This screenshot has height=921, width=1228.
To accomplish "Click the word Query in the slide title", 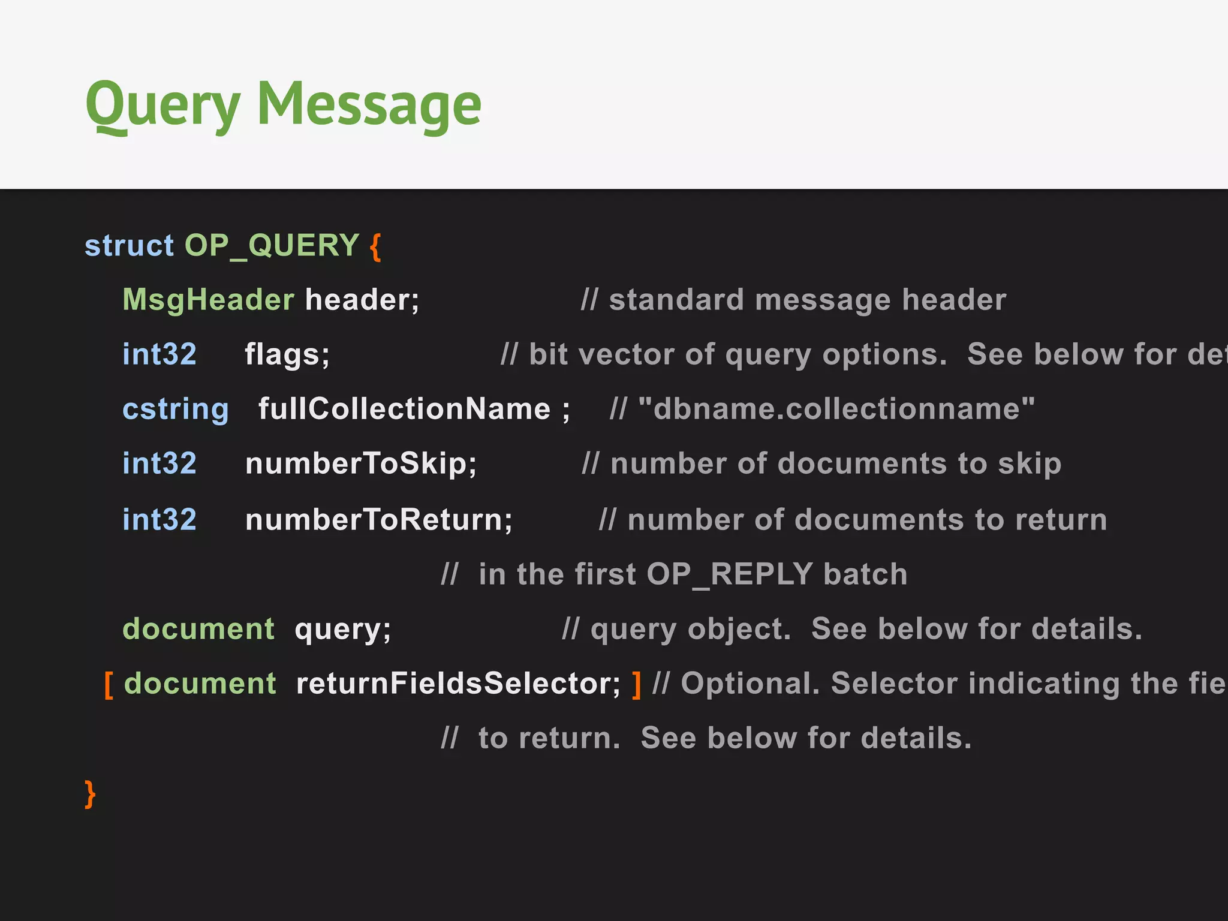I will [x=162, y=106].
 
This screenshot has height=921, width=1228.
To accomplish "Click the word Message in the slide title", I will [x=369, y=106].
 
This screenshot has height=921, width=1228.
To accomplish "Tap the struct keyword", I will [x=129, y=246].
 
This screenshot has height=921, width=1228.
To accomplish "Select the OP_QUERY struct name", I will [x=272, y=246].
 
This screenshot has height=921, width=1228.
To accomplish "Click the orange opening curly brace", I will [x=375, y=246].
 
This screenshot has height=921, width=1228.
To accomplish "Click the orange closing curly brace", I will [x=90, y=794].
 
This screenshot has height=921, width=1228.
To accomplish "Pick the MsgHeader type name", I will [x=208, y=300].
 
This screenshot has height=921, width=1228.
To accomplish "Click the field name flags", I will [x=287, y=354].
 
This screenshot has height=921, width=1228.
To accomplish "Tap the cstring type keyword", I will [x=176, y=410].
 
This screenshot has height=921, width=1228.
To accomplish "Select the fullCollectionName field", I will [x=404, y=410].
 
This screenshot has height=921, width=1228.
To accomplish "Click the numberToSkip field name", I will [x=360, y=464].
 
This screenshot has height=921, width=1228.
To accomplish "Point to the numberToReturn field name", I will [x=378, y=519].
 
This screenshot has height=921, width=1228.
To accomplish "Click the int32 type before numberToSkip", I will [x=159, y=464].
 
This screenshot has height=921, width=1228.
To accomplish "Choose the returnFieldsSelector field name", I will [x=458, y=684].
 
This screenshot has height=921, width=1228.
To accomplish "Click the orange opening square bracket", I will [x=109, y=684].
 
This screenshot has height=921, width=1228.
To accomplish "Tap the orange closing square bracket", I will [x=636, y=684].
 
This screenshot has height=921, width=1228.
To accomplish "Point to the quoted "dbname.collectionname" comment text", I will [x=836, y=410].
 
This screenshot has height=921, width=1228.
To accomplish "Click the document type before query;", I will [x=198, y=629].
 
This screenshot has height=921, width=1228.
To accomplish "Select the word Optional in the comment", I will [x=750, y=684].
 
